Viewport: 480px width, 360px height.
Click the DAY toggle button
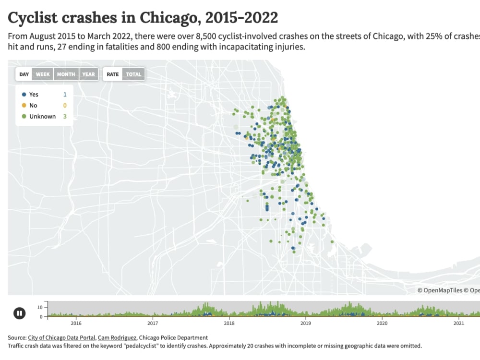(x=24, y=74)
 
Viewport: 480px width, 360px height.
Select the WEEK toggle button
(x=43, y=74)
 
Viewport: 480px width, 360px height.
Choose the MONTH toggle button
(x=66, y=74)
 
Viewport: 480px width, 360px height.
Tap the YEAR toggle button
(x=88, y=74)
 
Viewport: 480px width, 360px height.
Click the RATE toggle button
(x=113, y=74)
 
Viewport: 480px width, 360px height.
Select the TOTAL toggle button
(x=133, y=74)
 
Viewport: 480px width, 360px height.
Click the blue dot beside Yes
(x=24, y=95)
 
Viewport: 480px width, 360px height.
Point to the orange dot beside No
(x=24, y=106)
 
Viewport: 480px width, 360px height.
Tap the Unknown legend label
(x=42, y=117)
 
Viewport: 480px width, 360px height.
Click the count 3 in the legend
(x=65, y=117)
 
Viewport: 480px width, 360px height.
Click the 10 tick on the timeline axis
(x=40, y=307)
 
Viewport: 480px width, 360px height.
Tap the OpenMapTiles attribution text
(x=442, y=290)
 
